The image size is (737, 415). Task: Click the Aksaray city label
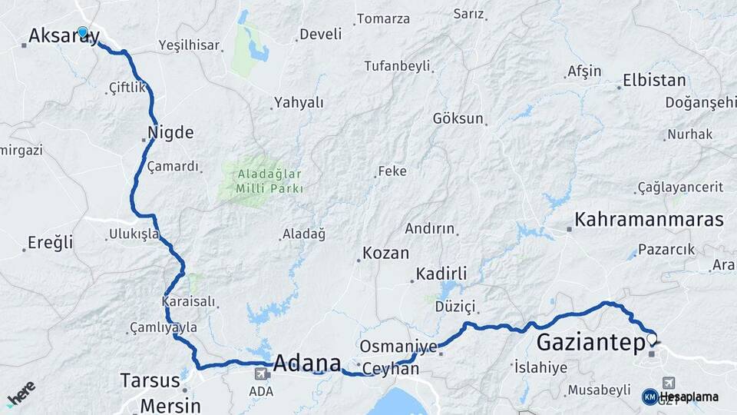tap(63, 36)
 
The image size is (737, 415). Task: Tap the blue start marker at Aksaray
tap(82, 32)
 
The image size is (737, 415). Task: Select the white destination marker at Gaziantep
tap(652, 338)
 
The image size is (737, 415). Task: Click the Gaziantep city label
tap(590, 342)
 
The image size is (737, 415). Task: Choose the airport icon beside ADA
tap(261, 373)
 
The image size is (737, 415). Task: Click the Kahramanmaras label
tap(649, 219)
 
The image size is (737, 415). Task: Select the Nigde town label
tap(174, 132)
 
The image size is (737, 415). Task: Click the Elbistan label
tap(654, 80)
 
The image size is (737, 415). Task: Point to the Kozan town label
tap(385, 253)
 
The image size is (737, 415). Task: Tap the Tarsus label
tap(150, 380)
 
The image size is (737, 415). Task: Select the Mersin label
tap(170, 405)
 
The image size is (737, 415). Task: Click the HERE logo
tap(21, 394)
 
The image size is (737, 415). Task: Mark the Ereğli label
tap(50, 243)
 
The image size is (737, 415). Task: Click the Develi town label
tap(320, 34)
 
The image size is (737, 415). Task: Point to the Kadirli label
tap(441, 274)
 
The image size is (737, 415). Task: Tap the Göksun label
tap(458, 118)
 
